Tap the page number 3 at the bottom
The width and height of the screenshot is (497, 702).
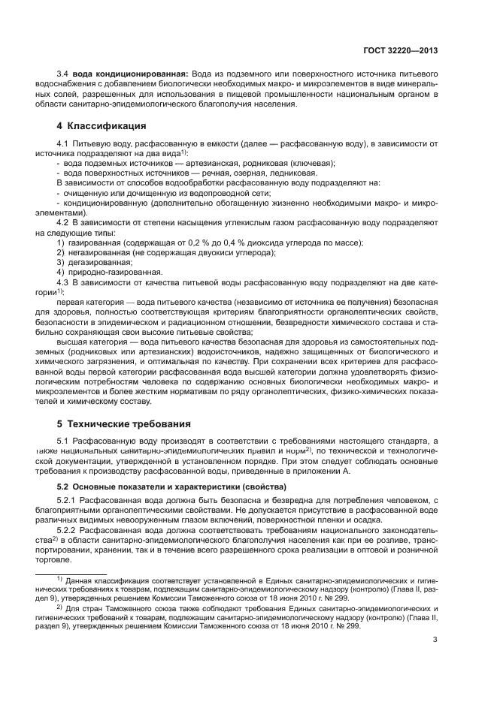tap(435, 640)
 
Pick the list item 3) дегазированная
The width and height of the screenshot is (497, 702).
tap(95, 263)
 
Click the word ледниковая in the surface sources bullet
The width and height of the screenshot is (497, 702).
tap(283, 173)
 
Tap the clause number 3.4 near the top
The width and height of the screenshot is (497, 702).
tap(64, 75)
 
